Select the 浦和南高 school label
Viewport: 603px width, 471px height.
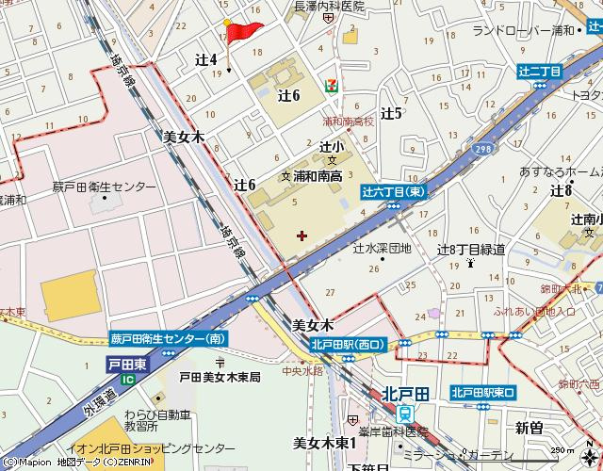[318, 175]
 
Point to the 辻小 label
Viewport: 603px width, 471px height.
[331, 146]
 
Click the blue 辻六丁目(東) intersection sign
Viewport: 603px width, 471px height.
[394, 191]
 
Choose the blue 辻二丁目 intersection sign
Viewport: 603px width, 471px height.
[539, 72]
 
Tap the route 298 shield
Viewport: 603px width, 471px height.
[482, 149]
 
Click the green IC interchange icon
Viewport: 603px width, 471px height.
[128, 379]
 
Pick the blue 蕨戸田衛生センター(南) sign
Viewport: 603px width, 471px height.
[168, 339]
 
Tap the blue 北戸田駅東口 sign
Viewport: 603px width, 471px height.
[482, 392]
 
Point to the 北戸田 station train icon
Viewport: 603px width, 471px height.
[404, 412]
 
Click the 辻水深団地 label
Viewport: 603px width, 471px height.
[382, 249]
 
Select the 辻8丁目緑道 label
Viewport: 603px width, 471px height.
[471, 250]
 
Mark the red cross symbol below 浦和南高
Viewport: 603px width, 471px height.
[301, 235]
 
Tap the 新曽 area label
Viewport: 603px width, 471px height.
[530, 428]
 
